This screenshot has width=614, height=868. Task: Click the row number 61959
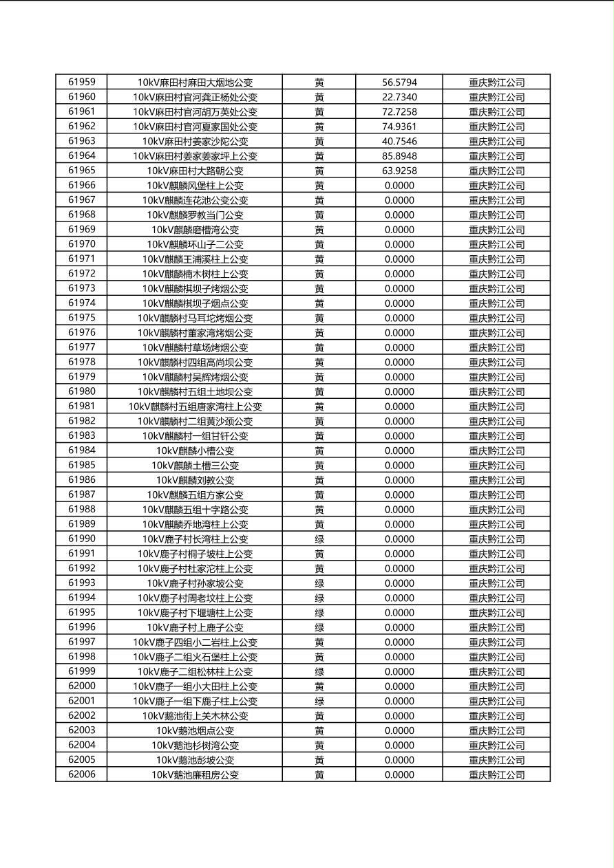tap(82, 82)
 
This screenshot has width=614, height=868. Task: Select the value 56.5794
tap(399, 83)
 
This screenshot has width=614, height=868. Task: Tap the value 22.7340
tap(399, 97)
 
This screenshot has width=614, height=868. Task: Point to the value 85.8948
tap(399, 156)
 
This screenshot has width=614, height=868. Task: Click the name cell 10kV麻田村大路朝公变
tap(195, 171)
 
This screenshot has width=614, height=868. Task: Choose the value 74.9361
tap(399, 127)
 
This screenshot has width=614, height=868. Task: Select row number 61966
tap(82, 185)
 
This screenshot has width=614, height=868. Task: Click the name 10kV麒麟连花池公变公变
tap(195, 200)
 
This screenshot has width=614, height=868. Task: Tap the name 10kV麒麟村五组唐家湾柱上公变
tap(195, 406)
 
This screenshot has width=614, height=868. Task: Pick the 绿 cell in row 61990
tap(319, 539)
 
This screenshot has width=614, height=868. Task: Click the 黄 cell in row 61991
tap(319, 554)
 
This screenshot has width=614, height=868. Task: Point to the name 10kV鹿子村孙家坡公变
tap(195, 583)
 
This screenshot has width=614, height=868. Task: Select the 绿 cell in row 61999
tap(319, 671)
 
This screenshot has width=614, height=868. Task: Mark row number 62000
tap(82, 686)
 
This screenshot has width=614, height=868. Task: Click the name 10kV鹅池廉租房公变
tap(195, 774)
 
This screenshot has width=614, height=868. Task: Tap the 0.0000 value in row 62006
tap(399, 774)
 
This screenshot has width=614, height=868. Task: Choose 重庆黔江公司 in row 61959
tap(496, 83)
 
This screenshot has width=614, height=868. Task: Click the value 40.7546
tap(399, 141)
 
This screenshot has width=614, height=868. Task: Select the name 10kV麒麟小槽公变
tap(195, 451)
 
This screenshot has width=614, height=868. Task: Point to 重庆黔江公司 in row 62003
tap(496, 730)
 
